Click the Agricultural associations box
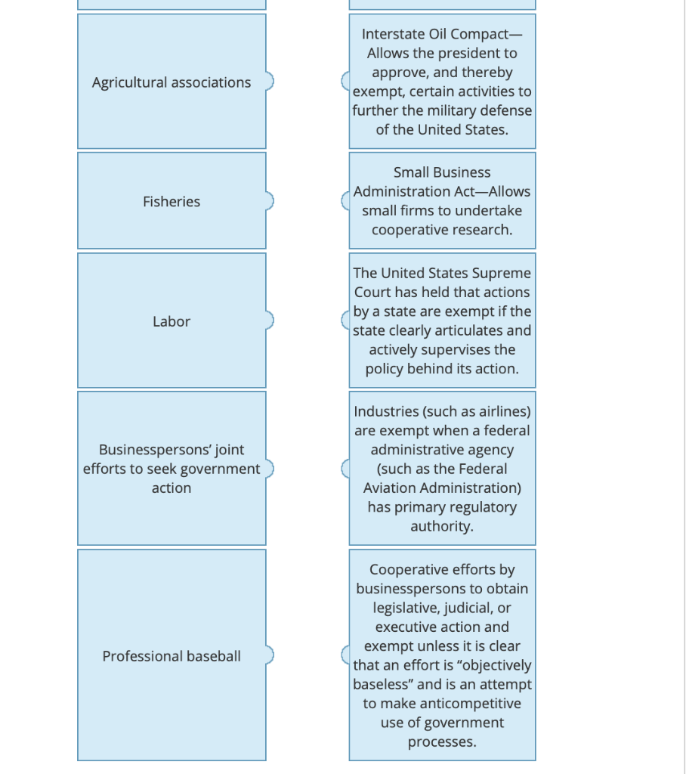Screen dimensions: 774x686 171,82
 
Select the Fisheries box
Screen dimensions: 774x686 171,201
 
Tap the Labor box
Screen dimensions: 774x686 171,320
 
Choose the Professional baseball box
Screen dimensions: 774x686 171,655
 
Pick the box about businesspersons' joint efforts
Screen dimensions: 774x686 171,469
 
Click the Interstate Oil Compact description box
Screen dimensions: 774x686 442,82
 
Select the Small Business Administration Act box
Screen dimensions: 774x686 442,201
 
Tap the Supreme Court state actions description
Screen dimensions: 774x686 442,320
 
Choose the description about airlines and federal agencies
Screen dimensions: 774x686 442,469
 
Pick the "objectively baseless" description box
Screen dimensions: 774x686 442,655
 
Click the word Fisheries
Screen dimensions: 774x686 171,202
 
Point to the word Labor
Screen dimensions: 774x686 171,321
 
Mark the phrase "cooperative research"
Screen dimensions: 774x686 442,230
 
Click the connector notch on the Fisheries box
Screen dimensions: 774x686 269,201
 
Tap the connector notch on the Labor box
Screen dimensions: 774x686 269,320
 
